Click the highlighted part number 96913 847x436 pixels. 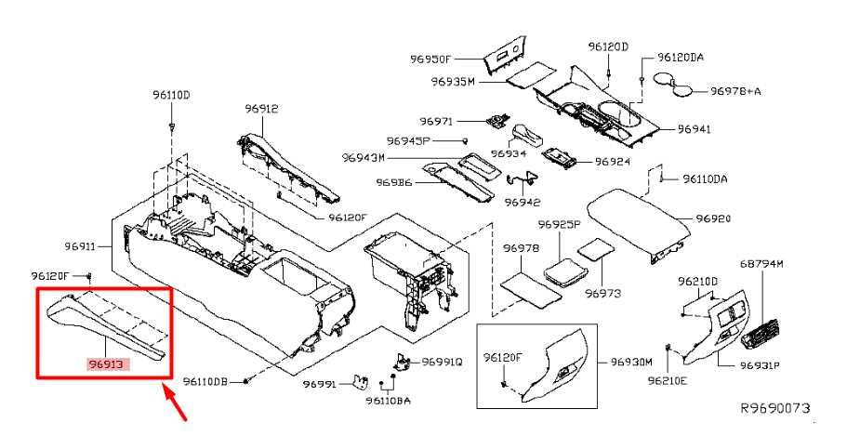[110, 364]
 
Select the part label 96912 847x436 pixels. [262, 109]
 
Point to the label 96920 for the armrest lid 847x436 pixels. [713, 218]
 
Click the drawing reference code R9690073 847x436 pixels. [775, 407]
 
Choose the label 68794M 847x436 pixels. [761, 265]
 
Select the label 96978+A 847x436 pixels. [735, 91]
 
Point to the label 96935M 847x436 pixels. [453, 82]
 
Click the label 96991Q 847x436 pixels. [443, 363]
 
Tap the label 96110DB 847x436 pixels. [205, 381]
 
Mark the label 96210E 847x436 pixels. [695, 380]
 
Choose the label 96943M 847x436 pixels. [363, 158]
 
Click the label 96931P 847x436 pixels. [760, 365]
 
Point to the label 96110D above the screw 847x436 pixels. [172, 95]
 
